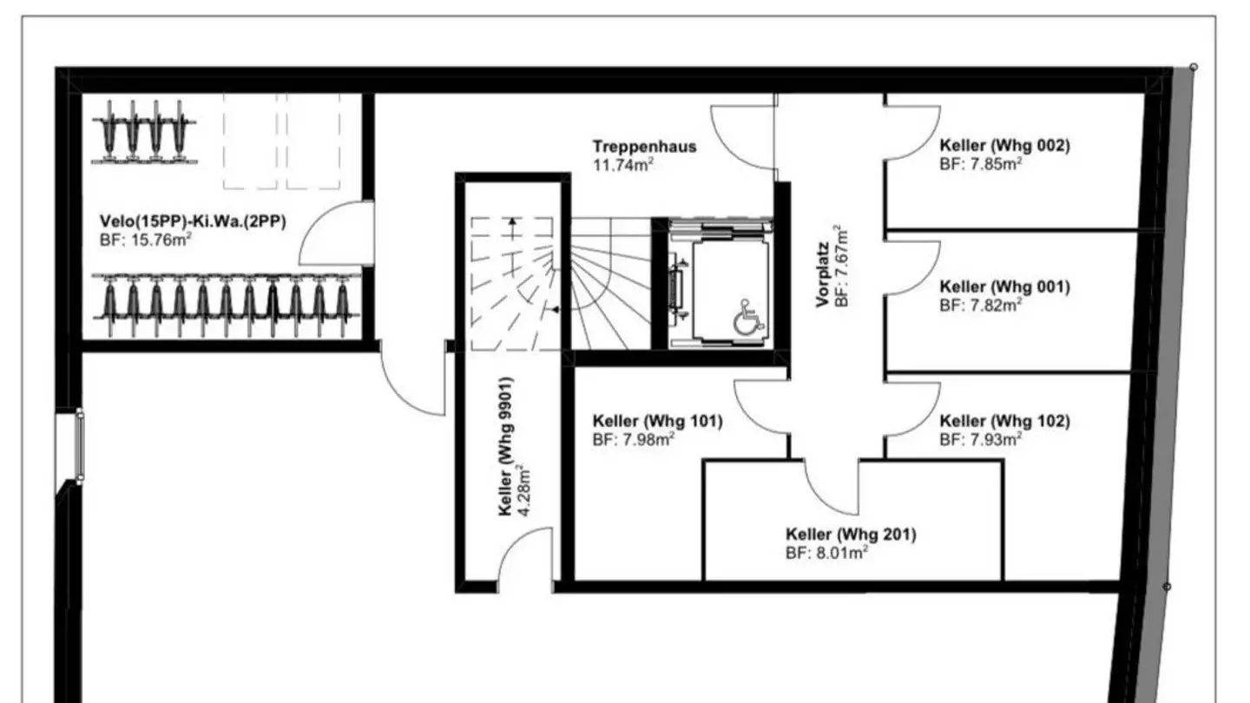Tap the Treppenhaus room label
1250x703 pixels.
point(644,147)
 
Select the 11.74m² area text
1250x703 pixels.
point(623,164)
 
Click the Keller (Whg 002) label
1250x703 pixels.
point(1004,146)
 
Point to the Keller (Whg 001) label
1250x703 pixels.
point(1004,286)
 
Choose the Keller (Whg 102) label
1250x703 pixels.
point(1004,422)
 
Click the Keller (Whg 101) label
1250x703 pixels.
point(657,422)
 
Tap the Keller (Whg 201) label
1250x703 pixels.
point(850,534)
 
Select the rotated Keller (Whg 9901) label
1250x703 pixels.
point(506,447)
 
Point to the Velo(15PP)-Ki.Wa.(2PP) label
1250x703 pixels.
point(193,222)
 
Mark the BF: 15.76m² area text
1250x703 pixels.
point(146,240)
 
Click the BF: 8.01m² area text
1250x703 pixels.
point(827,551)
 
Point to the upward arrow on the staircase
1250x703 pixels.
point(512,228)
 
